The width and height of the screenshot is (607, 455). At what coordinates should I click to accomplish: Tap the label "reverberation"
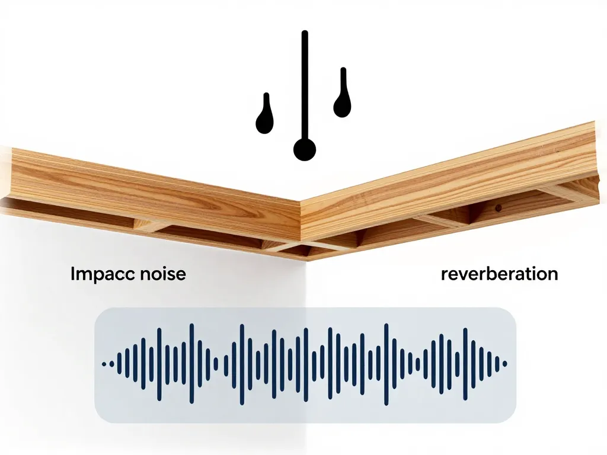[x=499, y=274]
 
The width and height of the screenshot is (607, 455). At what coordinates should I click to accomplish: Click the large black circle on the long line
[x=305, y=149]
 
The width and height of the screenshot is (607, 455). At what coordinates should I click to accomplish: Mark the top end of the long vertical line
[x=305, y=33]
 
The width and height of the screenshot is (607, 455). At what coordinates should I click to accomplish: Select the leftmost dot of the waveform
[x=104, y=364]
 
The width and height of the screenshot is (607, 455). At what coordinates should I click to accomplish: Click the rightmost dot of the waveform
[x=504, y=364]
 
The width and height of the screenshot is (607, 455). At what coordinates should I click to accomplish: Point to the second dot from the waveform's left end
[x=112, y=364]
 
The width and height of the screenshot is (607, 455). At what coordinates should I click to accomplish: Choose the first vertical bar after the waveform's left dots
[x=119, y=364]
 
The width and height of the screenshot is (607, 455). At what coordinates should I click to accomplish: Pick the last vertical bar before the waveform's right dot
[x=497, y=364]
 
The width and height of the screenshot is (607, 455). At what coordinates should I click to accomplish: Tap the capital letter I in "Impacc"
[x=72, y=274]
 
